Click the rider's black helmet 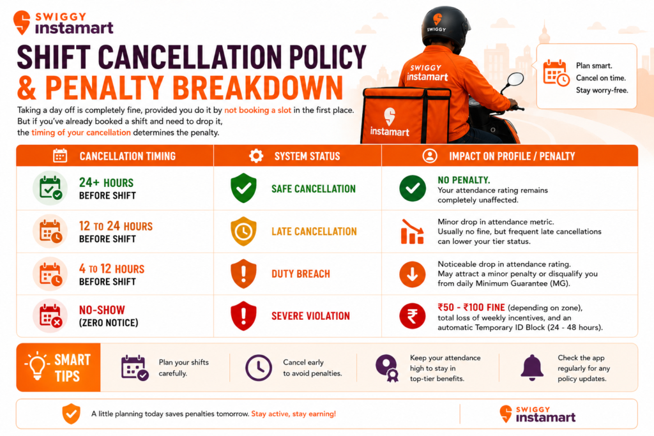click(445, 26)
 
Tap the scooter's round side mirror click(516, 79)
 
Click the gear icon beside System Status click(256, 156)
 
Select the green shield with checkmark click(243, 188)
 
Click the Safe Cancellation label click(314, 189)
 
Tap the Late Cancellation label click(314, 231)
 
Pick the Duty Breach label click(301, 274)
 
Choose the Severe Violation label click(311, 316)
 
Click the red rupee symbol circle click(413, 315)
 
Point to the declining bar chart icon click(412, 231)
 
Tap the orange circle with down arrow click(413, 274)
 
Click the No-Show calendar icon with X click(50, 315)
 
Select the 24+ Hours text click(107, 183)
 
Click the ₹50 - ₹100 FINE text click(471, 307)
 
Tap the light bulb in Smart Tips click(36, 366)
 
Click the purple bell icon click(532, 368)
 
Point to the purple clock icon click(259, 368)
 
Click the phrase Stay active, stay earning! click(293, 414)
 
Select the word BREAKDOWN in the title click(257, 87)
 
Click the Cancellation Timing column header click(128, 156)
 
